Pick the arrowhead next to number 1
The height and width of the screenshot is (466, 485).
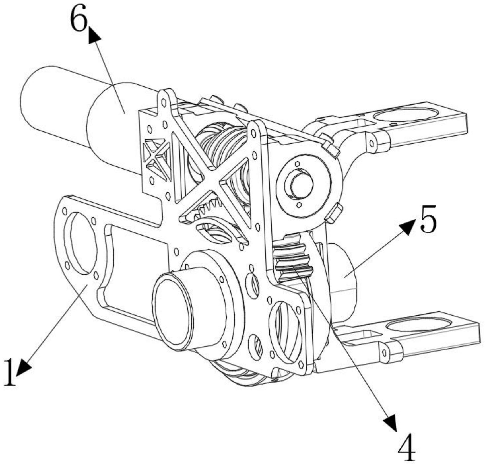click(24, 367)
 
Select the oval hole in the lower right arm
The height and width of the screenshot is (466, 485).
click(419, 325)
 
